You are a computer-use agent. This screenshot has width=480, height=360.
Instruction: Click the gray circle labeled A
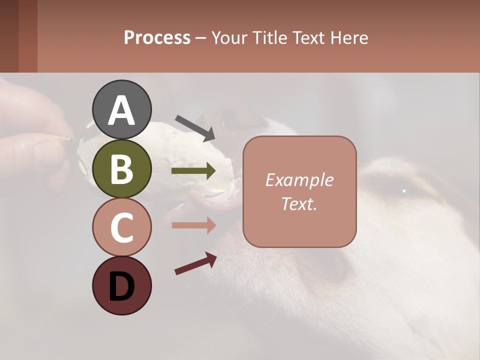(x=122, y=109)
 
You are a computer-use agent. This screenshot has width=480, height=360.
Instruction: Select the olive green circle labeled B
(x=122, y=168)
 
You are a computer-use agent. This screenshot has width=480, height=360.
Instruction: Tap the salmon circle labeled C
(x=122, y=227)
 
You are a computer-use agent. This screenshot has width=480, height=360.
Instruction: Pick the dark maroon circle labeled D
(x=122, y=285)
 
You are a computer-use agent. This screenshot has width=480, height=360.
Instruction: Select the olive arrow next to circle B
(x=193, y=171)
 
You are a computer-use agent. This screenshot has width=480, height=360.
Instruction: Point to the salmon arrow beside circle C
(x=193, y=225)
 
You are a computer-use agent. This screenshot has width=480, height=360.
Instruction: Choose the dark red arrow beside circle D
(x=195, y=263)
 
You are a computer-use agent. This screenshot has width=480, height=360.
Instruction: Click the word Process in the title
(x=157, y=37)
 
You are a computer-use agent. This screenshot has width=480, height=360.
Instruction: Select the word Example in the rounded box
(x=299, y=180)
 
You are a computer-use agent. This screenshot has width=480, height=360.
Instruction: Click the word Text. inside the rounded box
(x=299, y=203)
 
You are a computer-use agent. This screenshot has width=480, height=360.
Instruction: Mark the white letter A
(x=122, y=110)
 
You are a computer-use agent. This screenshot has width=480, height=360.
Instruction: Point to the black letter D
(x=122, y=286)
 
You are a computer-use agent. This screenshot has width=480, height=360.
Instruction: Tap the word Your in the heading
(x=228, y=37)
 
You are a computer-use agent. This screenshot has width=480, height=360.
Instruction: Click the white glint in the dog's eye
(x=404, y=190)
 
